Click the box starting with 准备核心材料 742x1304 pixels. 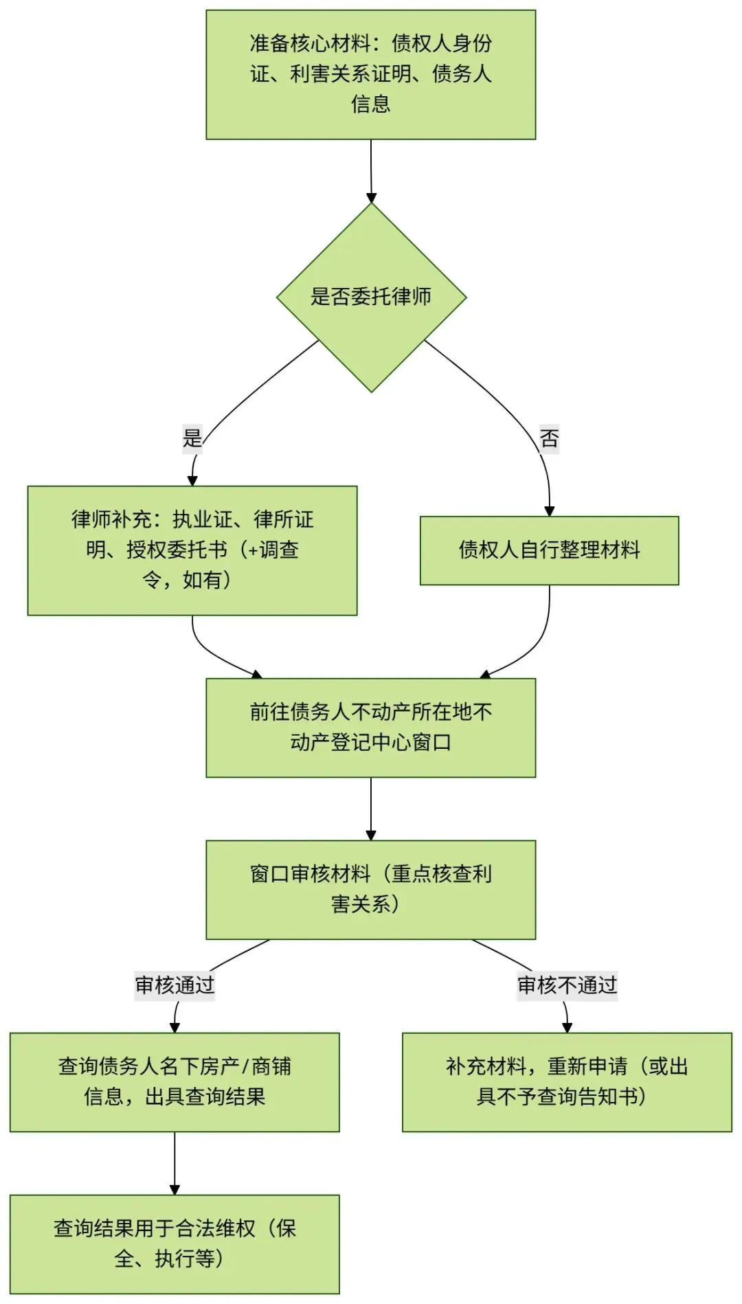click(x=370, y=74)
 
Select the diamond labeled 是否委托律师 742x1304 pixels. click(x=371, y=297)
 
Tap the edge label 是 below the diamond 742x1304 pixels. click(x=192, y=438)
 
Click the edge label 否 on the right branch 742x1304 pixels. click(x=549, y=438)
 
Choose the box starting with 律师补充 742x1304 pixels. click(x=192, y=550)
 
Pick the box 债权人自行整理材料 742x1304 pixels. click(x=549, y=550)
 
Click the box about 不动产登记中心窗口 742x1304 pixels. click(x=370, y=728)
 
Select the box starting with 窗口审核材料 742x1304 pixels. click(x=370, y=889)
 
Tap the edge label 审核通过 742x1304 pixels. click(x=175, y=985)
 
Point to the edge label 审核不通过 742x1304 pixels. click(x=567, y=985)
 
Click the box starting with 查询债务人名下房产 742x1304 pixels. click(x=175, y=1082)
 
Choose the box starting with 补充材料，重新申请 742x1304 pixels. click(x=567, y=1082)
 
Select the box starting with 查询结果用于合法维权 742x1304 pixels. click(x=175, y=1244)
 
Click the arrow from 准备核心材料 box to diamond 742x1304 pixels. click(x=371, y=172)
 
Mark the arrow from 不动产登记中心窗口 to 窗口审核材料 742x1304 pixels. click(x=371, y=809)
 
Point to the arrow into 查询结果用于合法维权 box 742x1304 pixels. click(x=175, y=1163)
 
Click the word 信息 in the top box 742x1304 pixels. click(x=371, y=104)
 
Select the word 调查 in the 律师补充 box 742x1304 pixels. click(x=279, y=550)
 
